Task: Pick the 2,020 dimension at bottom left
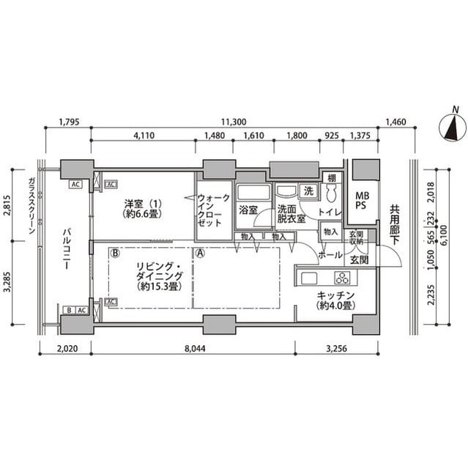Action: (65, 350)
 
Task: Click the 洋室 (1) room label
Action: (141, 208)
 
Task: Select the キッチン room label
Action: (336, 300)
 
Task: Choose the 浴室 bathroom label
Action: (248, 210)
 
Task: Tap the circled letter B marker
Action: (116, 253)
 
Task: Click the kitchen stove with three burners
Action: (342, 277)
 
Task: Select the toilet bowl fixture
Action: (331, 193)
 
